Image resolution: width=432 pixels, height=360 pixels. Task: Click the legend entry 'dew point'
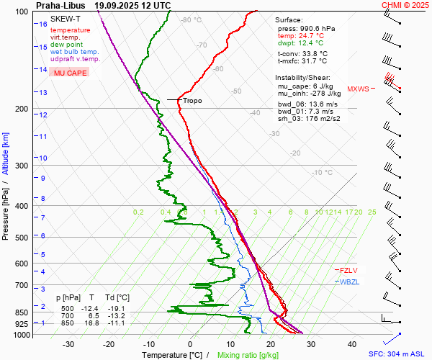pyautogui.click(x=66, y=45)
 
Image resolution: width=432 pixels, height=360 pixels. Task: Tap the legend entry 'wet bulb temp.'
pyautogui.click(x=74, y=52)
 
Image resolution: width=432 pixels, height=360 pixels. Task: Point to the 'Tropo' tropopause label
pyautogui.click(x=192, y=101)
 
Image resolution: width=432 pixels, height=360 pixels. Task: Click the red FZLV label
pyautogui.click(x=348, y=269)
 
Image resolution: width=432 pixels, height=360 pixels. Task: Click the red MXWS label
pyautogui.click(x=358, y=89)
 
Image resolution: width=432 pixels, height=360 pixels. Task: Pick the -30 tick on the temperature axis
pyautogui.click(x=68, y=344)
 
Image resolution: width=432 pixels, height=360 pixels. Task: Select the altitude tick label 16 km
pyautogui.click(x=43, y=24)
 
